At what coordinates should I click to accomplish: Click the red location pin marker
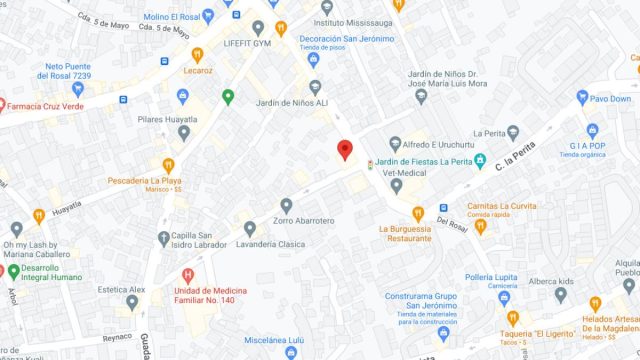(345, 150)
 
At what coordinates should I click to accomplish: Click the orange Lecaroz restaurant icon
(197, 55)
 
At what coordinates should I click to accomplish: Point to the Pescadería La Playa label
(151, 181)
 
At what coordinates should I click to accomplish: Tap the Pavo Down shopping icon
(583, 98)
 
